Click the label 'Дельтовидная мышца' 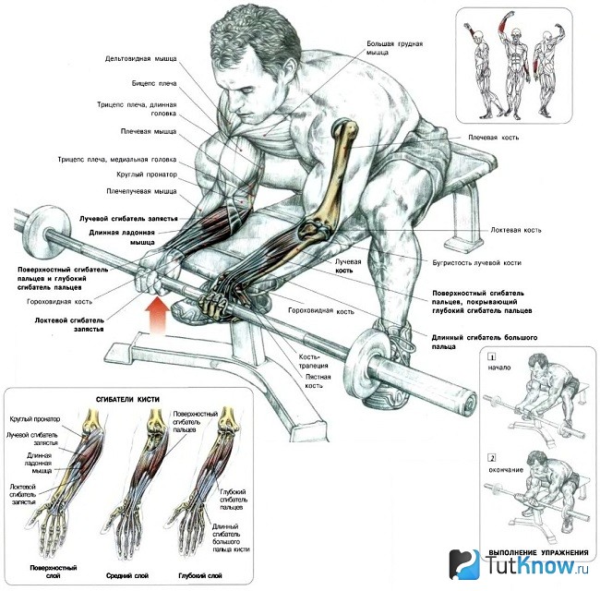pos(141,59)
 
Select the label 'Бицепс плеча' pos(154,83)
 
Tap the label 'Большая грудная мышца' pos(394,48)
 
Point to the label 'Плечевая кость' pos(494,138)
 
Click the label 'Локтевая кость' pos(516,230)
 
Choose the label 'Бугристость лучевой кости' pos(477,263)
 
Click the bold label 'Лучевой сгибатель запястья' pos(128,219)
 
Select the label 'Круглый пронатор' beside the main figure pos(147,175)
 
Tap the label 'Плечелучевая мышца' pos(141,191)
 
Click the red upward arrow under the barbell pos(159,315)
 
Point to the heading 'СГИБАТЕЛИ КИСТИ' pos(127,399)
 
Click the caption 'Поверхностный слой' pos(54,571)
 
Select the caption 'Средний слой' pos(127,575)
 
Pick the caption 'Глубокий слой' pos(200,575)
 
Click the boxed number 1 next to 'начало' pos(492,357)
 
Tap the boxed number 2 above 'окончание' pos(493,458)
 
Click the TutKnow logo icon pos(464,564)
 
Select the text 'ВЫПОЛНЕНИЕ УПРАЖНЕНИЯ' pos(538,552)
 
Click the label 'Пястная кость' pos(318,381)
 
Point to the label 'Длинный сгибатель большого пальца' pos(485,342)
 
